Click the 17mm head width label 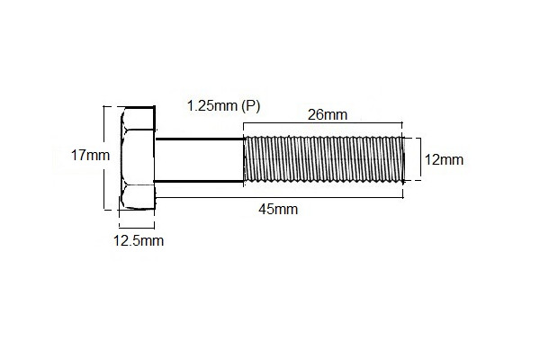pos(90,155)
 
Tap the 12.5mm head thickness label pos(138,240)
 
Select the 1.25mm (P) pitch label pos(223,106)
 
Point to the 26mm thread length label pos(327,114)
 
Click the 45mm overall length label pos(278,210)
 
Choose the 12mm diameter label pos(444,160)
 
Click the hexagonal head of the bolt pos(137,159)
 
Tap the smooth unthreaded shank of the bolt pos(200,160)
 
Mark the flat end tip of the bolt pos(403,160)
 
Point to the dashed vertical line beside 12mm pos(418,160)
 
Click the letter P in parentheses pos(251,106)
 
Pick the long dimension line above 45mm pos(279,196)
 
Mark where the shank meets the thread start pos(245,160)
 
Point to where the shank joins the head pos(157,160)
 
